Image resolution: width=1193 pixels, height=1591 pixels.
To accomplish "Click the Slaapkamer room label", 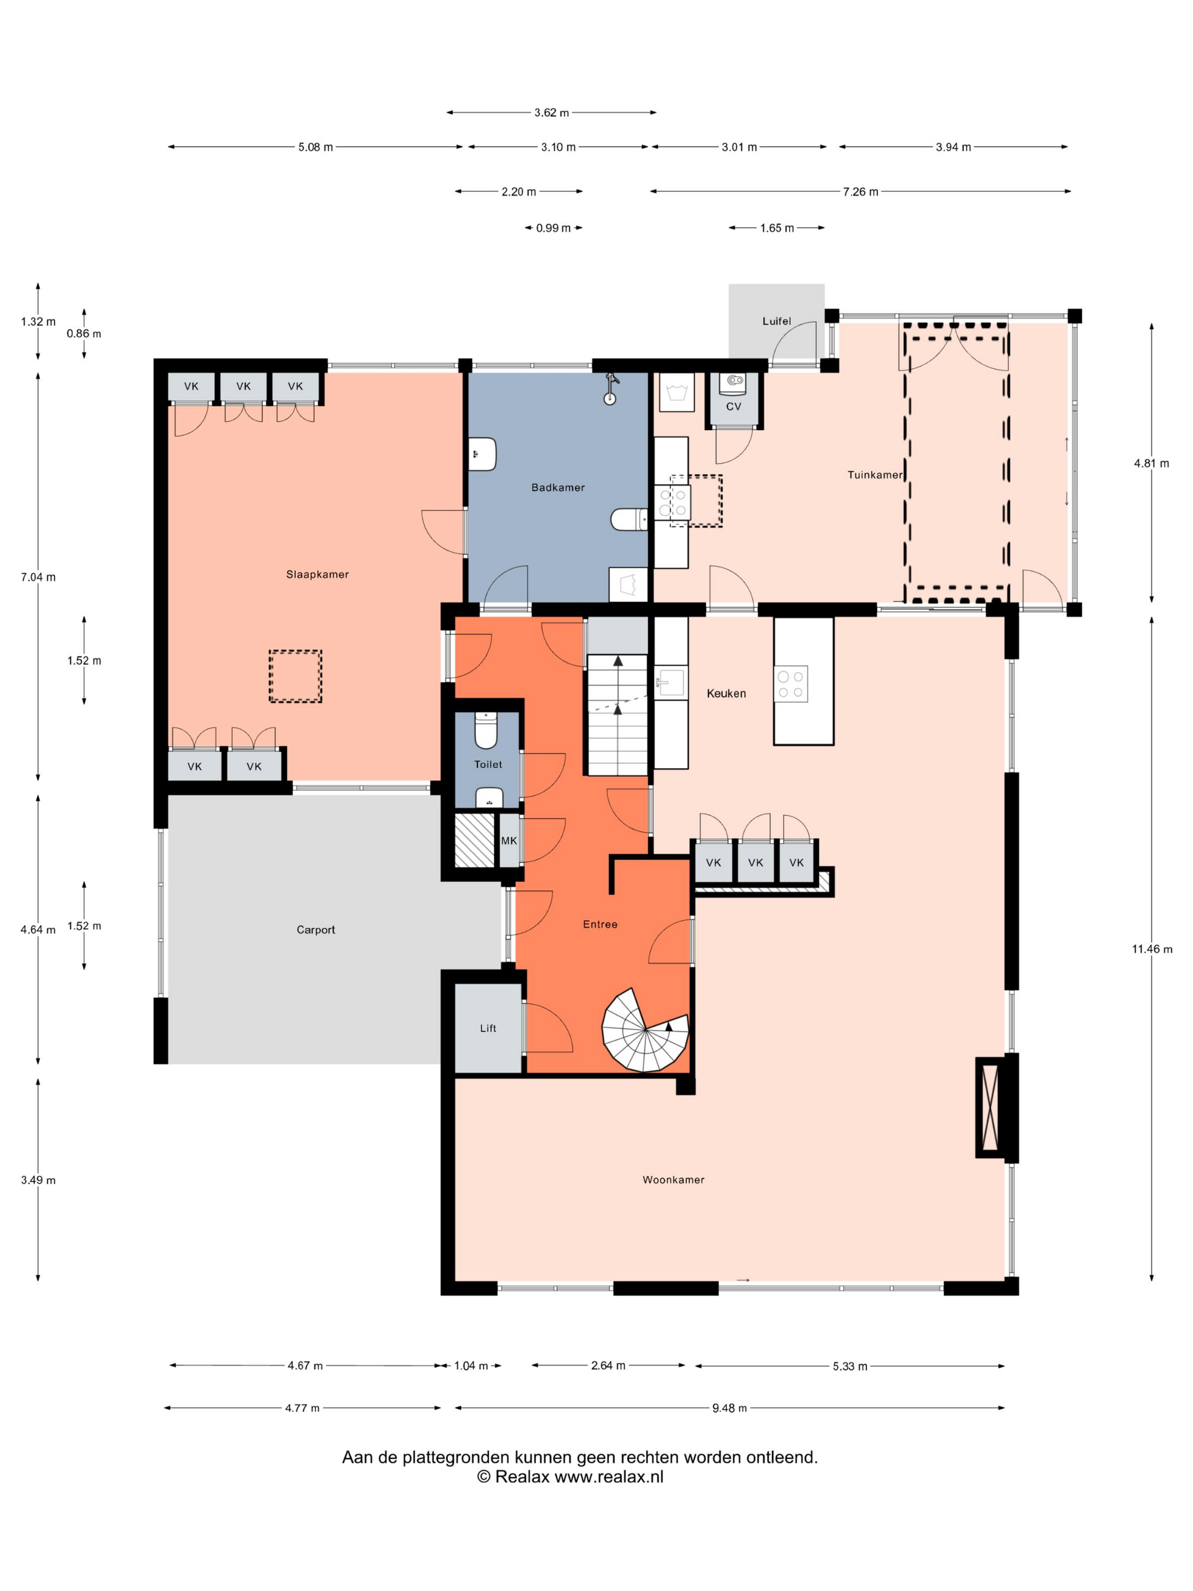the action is coord(317,574).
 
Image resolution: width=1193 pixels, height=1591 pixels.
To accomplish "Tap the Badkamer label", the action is coord(558,487).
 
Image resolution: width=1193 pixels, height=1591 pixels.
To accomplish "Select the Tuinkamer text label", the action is coord(874,474).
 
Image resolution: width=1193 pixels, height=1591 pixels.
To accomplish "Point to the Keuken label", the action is coord(726,693).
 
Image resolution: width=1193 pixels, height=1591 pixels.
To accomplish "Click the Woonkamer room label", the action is coord(673,1180).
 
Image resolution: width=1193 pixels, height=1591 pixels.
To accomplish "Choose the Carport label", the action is coord(316,929).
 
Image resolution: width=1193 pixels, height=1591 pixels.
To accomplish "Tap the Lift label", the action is coord(487,1028).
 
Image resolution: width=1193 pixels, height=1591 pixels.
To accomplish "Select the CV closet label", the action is coord(733,406).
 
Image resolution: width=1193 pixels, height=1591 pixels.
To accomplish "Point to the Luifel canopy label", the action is coord(777,321).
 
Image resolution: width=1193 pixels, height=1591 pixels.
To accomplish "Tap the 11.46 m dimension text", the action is coord(1152,949).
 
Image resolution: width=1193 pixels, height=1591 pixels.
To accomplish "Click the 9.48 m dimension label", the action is coord(729,1407).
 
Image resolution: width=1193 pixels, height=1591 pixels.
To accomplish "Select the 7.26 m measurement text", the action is coord(860,191).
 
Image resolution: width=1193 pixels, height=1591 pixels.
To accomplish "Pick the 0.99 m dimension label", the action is coord(553,228).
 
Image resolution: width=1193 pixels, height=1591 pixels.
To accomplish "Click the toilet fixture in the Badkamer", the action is coord(628,519).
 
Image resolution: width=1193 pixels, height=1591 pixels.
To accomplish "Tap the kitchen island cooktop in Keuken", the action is coord(790,684).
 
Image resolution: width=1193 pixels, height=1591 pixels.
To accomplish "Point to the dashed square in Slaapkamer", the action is coord(295,676).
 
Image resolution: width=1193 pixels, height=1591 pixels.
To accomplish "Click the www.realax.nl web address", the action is coord(608,1477).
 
